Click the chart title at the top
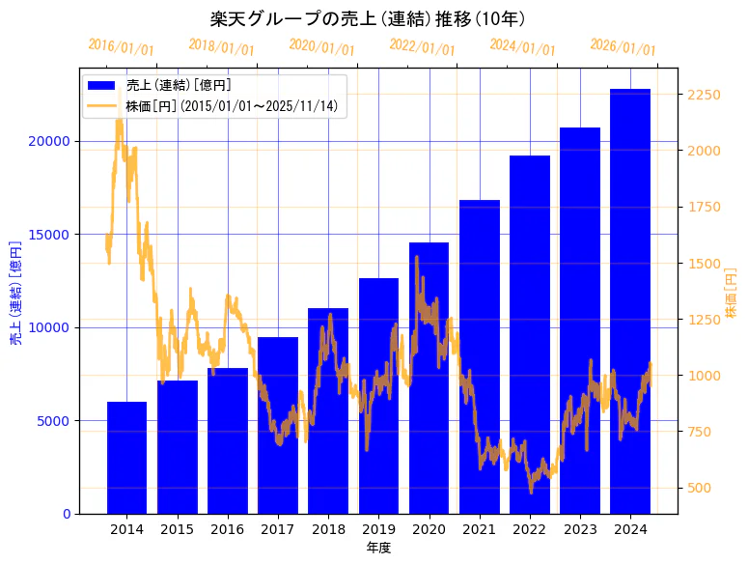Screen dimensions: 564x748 (367, 18)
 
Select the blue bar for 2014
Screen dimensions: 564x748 (126, 458)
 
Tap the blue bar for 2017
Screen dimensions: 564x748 (277, 425)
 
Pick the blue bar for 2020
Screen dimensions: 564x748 (429, 378)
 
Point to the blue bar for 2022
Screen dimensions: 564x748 (530, 334)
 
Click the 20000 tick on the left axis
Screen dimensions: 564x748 (49, 141)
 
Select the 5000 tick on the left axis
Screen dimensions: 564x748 (53, 421)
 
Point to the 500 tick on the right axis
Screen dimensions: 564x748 (699, 488)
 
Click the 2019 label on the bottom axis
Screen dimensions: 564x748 (378, 529)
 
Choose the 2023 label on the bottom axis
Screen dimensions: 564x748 (580, 529)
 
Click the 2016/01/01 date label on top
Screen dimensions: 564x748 (121, 47)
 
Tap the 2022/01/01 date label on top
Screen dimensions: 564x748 (422, 47)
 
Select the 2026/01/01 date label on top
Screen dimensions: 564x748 (623, 47)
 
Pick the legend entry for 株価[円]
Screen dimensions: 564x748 (232, 105)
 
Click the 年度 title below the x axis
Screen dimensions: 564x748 (378, 548)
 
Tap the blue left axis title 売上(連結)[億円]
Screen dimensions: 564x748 (14, 291)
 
